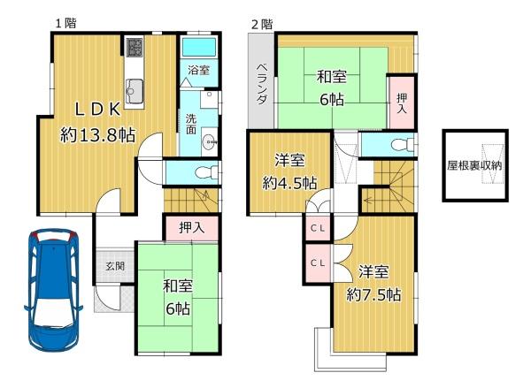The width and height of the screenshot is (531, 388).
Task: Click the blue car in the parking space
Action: pyautogui.click(x=53, y=290)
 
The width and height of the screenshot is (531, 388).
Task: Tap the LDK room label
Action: pyautogui.click(x=97, y=110)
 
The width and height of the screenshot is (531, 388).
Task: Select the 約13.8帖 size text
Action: pyautogui.click(x=98, y=135)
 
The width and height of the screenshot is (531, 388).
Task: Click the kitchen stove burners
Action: pyautogui.click(x=135, y=48)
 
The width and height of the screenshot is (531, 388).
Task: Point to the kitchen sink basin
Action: pyautogui.click(x=135, y=92)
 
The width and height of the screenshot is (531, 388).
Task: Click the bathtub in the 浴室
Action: pyautogui.click(x=199, y=48)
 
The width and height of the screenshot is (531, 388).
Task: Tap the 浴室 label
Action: pyautogui.click(x=199, y=70)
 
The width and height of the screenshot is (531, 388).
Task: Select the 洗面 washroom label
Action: pyautogui.click(x=191, y=124)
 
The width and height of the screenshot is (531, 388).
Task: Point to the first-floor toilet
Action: pyautogui.click(x=206, y=172)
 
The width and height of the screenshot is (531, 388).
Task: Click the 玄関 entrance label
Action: pyautogui.click(x=115, y=266)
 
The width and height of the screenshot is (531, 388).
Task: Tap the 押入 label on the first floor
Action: pyautogui.click(x=192, y=228)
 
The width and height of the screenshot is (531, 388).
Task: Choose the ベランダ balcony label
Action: pyautogui.click(x=261, y=84)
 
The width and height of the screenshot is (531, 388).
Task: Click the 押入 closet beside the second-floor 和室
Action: pyautogui.click(x=402, y=103)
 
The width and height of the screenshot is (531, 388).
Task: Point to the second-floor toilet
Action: pyautogui.click(x=403, y=145)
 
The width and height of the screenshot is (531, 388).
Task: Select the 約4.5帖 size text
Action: pyautogui.click(x=290, y=183)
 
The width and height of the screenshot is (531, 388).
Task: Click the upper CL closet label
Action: pyautogui.click(x=318, y=228)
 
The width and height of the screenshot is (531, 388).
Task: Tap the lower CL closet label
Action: pyautogui.click(x=318, y=262)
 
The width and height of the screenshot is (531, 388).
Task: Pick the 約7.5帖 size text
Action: pyautogui.click(x=373, y=295)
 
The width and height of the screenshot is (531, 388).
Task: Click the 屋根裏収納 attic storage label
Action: pyautogui.click(x=474, y=165)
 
